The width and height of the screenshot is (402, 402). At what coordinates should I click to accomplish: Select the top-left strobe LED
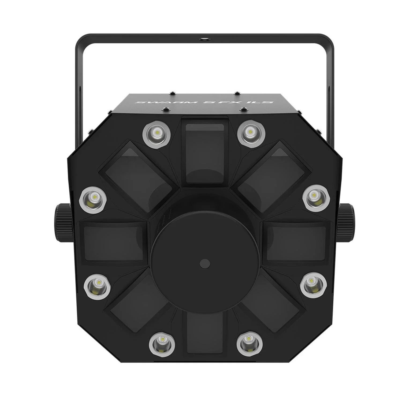(x=156, y=131)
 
